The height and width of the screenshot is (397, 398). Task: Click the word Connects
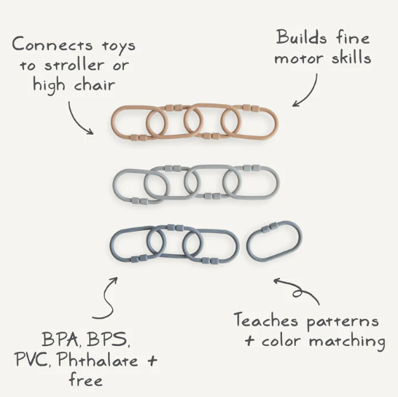pos(52,44)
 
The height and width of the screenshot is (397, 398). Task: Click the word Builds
pos(301,38)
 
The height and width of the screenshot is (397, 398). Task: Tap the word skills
pos(351,57)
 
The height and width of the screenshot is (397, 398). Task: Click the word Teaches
pos(266,320)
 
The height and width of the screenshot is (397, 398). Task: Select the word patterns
pos(343,322)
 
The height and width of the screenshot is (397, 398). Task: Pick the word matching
pos(347,342)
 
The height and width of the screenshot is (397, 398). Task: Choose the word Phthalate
pos(97,359)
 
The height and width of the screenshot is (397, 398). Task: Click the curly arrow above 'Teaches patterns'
pos(299,289)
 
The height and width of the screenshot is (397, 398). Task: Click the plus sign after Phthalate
pos(152,360)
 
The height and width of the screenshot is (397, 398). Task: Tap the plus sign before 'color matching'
pos(249,341)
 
